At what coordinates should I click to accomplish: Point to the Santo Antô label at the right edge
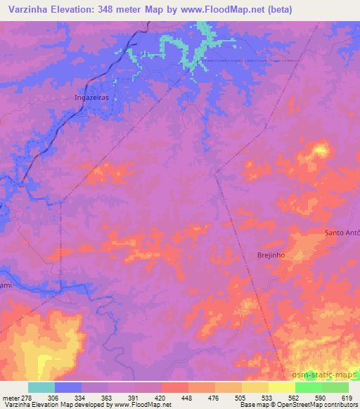(x=342, y=233)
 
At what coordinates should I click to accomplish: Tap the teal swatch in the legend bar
(x=41, y=387)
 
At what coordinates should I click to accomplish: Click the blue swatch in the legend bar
(x=68, y=387)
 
